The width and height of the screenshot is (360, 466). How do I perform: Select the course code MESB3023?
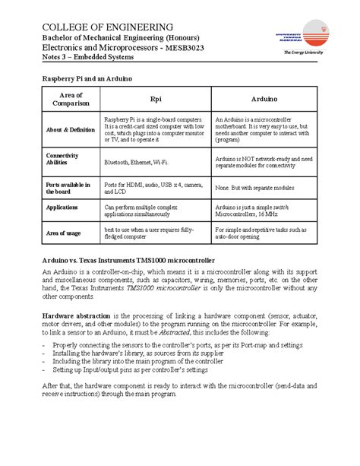184,48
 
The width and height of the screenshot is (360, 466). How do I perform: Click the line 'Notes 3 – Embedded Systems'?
88,58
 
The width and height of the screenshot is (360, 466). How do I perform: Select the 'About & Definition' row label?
70,130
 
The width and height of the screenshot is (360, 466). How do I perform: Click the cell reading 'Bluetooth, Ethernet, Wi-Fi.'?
136,163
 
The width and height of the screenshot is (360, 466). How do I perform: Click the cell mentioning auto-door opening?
261,233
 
